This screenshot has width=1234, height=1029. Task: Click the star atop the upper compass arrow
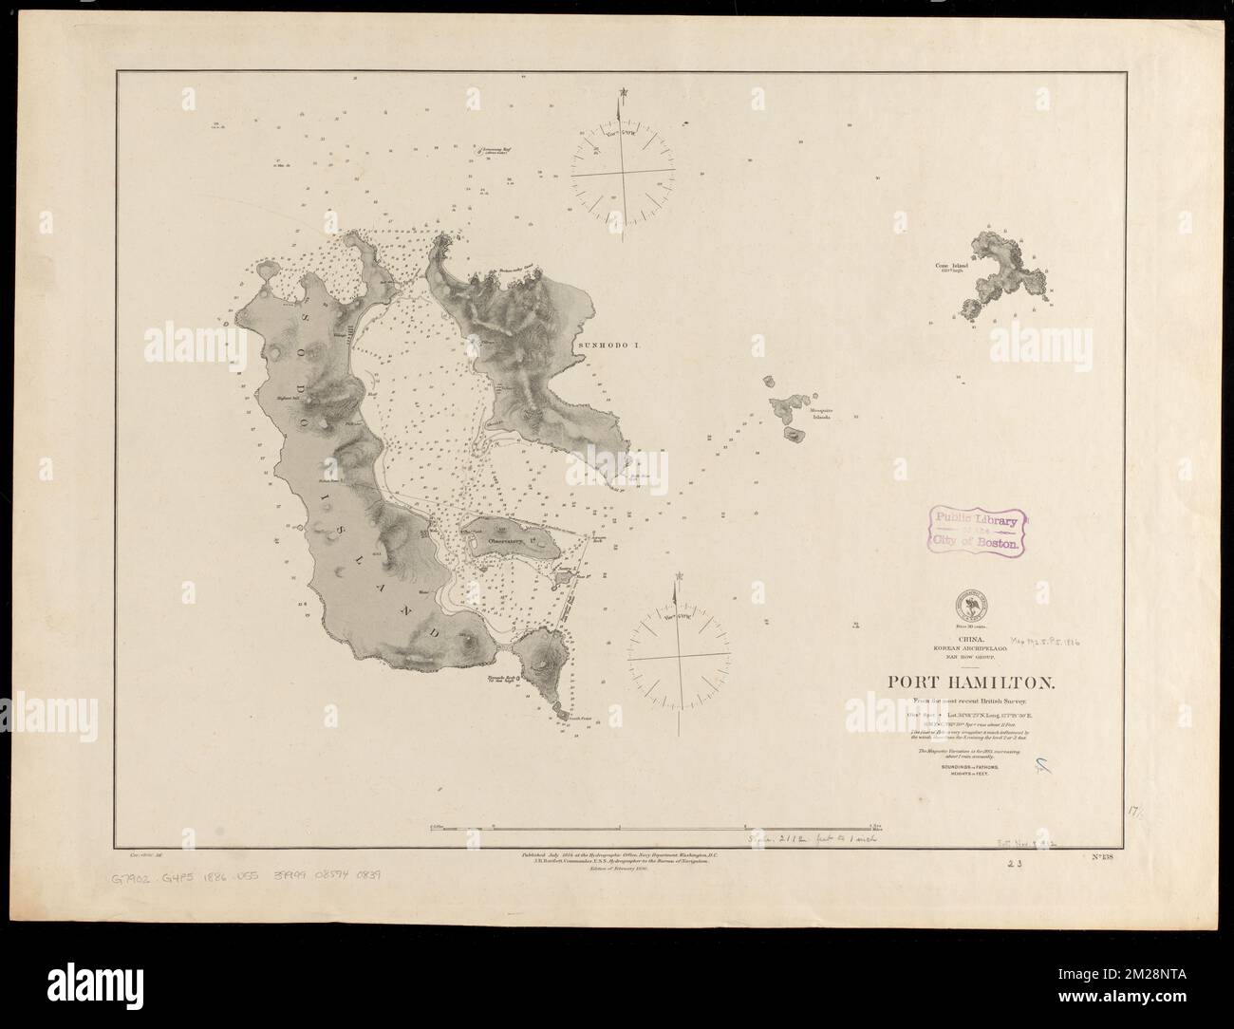coord(622,92)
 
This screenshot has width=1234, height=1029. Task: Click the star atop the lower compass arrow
coord(678,576)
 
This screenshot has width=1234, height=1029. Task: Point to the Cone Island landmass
coord(1005,280)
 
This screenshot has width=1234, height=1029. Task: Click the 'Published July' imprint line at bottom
coord(617,855)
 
